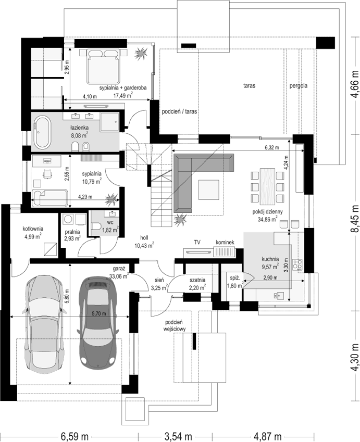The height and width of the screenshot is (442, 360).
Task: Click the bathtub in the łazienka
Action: [x=42, y=132]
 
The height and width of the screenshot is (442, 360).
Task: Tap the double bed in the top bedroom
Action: [x=103, y=67]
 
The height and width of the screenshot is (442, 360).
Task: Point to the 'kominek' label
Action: [x=225, y=243]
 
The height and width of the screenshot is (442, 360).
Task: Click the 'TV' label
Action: [x=197, y=242]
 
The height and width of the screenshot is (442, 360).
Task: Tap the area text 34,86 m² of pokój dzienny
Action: [x=267, y=219]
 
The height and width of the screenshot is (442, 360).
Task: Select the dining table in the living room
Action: [x=267, y=186]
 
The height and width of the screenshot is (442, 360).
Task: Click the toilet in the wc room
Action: [x=96, y=226]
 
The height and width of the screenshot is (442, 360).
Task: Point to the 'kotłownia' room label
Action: [x=33, y=229]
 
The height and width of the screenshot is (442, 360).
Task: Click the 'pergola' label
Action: [x=299, y=86]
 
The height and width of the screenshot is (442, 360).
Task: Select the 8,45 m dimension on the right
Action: [x=355, y=218]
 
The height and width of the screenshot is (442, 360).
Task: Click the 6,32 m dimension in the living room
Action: [x=271, y=147]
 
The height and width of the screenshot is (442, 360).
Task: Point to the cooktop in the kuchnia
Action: [x=297, y=264]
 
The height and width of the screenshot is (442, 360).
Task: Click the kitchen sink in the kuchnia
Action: [x=278, y=296]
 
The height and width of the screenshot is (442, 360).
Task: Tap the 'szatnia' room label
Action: [x=197, y=280]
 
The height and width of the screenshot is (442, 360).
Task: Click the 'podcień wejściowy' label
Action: [x=174, y=325]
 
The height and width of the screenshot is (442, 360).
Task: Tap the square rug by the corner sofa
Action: [x=209, y=190]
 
